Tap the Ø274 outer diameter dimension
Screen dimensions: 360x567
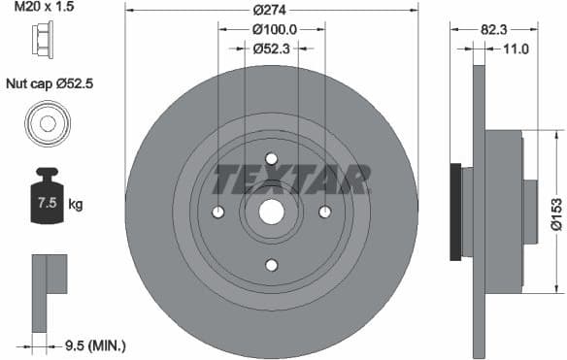tap(271, 10)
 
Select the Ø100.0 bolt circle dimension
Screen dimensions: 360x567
tap(272, 29)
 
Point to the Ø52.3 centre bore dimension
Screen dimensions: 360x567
tap(272, 48)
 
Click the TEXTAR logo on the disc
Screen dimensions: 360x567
tap(291, 180)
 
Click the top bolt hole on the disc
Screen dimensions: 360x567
tap(271, 159)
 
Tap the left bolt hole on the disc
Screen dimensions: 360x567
tap(218, 213)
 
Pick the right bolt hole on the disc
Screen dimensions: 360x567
tap(324, 213)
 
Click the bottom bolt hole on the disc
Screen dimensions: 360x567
tap(271, 265)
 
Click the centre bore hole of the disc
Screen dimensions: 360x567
tap(271, 213)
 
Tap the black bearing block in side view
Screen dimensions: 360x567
tap(454, 212)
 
